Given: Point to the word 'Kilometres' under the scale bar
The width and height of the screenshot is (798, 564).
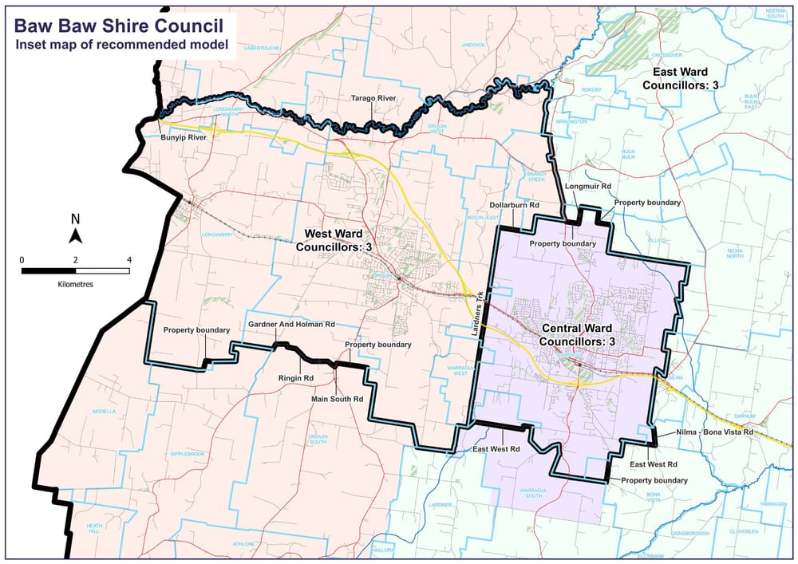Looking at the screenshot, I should (x=75, y=283).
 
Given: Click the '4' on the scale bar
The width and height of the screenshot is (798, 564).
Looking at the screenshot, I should (x=128, y=259).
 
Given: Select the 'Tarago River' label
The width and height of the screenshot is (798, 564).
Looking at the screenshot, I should (x=373, y=99).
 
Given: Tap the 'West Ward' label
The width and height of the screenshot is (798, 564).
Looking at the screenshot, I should (x=339, y=235).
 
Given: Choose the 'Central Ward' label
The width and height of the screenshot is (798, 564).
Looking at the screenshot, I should (x=579, y=329).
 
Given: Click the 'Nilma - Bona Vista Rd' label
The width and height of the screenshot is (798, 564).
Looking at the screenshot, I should (x=715, y=432).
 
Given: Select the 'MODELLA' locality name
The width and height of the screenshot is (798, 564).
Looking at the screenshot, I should (x=105, y=412).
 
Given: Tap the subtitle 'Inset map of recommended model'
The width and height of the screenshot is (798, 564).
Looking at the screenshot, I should (x=120, y=43).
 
